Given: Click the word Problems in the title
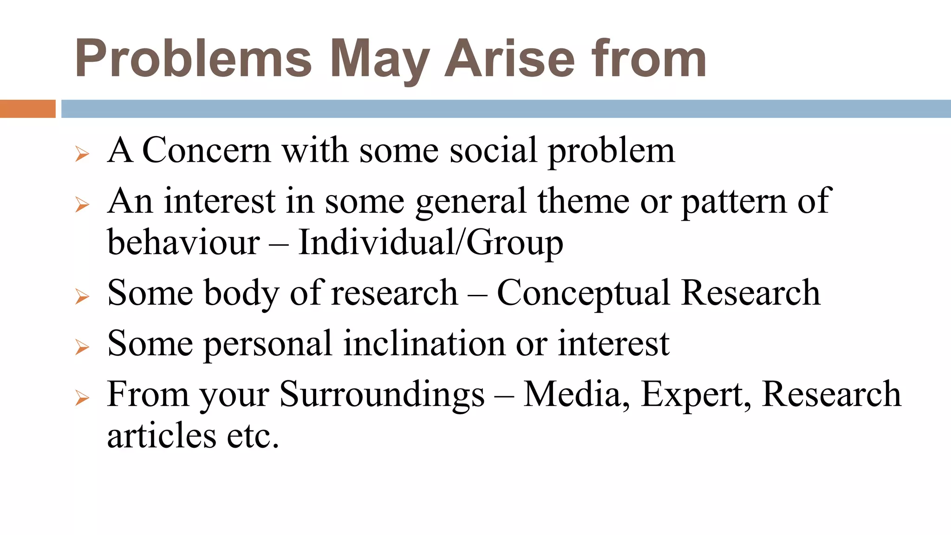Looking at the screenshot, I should (x=193, y=59).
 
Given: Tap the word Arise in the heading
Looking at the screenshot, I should (x=509, y=59).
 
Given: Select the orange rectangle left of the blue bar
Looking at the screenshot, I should (x=27, y=109).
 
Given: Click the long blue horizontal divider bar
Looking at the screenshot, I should (x=506, y=109).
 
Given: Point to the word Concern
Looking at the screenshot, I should (x=207, y=150).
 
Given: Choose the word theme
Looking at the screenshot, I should (x=583, y=201).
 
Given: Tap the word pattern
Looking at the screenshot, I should (x=734, y=202).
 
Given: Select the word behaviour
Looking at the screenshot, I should (x=183, y=242).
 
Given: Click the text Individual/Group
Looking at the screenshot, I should (x=430, y=242).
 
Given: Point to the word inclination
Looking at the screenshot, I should (x=424, y=344).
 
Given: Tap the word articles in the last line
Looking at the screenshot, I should (x=162, y=436).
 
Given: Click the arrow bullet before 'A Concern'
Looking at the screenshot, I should (x=82, y=154).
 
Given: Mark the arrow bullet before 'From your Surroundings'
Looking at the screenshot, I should (x=82, y=398).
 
